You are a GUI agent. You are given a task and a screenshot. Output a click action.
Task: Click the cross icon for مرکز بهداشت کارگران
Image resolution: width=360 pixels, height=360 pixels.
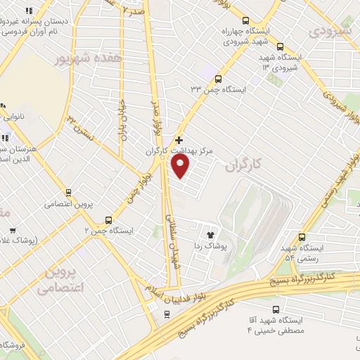(179, 140)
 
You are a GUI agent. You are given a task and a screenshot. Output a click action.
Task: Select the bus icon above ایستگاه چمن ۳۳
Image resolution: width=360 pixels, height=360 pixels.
(219, 79)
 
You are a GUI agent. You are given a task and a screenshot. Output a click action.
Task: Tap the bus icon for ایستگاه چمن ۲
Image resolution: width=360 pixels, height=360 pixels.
(108, 219)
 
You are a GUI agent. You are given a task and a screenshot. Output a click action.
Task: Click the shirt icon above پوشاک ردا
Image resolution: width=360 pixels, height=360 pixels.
(210, 235)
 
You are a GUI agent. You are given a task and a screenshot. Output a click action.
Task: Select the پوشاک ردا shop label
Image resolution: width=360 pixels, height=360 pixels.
(210, 247)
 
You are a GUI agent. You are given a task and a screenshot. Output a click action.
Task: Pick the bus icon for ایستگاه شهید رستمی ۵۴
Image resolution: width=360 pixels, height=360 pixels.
(302, 237)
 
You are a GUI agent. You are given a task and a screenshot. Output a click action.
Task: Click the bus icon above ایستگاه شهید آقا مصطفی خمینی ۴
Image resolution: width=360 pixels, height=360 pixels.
(275, 309)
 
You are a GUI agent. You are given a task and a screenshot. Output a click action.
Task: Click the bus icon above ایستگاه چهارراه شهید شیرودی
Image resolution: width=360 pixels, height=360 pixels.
(245, 20)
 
